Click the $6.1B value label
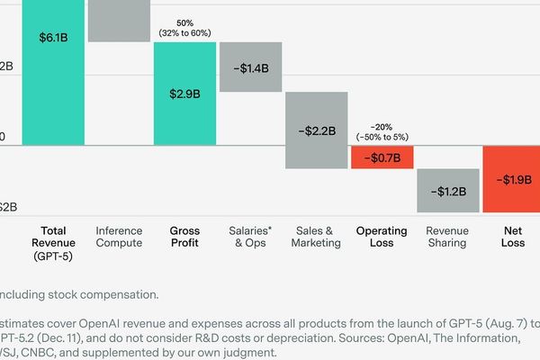tap(53, 39)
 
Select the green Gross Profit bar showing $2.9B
tap(184, 94)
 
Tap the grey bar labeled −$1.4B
tap(251, 67)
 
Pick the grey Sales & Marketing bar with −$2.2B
tap(317, 130)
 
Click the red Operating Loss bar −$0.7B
tap(382, 157)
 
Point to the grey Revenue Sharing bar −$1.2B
tap(447, 191)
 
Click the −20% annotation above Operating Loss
tap(382, 127)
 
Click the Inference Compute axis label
tap(119, 237)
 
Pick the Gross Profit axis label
tap(184, 237)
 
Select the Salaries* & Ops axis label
tap(251, 237)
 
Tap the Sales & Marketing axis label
tap(317, 237)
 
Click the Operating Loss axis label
tap(382, 237)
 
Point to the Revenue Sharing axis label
tap(447, 237)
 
